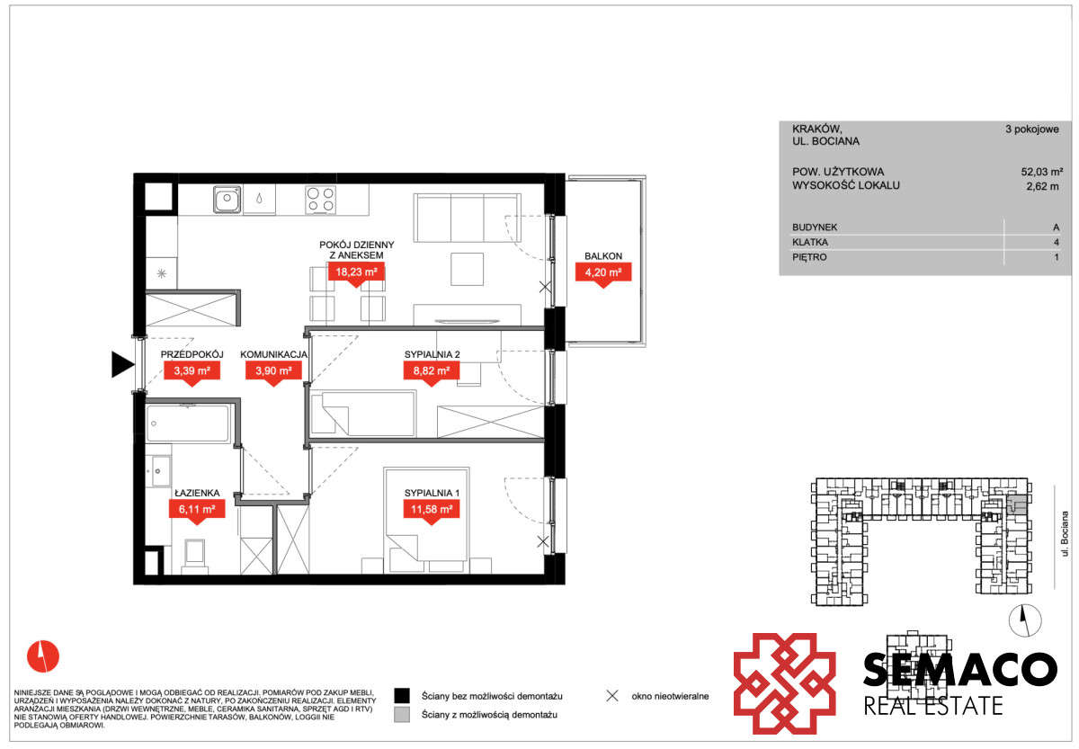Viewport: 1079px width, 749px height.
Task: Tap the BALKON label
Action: [x=603, y=256]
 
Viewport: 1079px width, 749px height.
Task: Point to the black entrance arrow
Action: [x=123, y=365]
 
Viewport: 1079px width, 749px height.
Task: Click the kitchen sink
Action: [x=227, y=200]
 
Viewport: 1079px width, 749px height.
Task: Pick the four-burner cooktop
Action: [x=320, y=200]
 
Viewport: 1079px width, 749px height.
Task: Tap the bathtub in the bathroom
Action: [x=188, y=424]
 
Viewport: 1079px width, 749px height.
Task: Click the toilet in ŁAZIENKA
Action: [x=194, y=557]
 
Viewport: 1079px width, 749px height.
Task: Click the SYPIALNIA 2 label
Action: [x=432, y=354]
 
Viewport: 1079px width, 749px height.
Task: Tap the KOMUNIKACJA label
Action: [x=273, y=354]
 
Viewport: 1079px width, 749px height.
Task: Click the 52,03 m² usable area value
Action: [x=1041, y=172]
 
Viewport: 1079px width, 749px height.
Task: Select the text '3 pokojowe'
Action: [x=1032, y=129]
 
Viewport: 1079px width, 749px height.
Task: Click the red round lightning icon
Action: [x=43, y=656]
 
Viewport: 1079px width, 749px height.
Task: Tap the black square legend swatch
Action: [x=402, y=696]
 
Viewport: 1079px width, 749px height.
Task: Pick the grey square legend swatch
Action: [x=402, y=714]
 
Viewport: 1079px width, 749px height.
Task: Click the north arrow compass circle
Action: [x=1025, y=620]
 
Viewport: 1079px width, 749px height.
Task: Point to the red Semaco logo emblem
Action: [x=785, y=684]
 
